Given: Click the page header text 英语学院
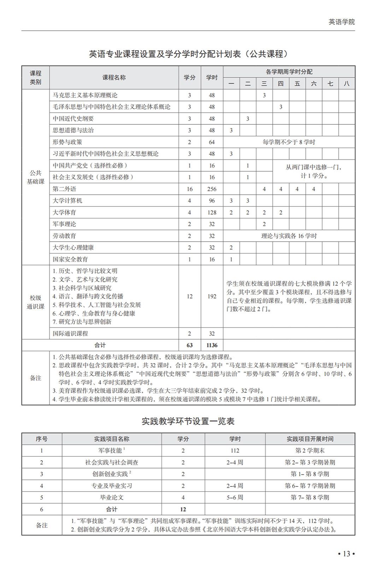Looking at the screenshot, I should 341,22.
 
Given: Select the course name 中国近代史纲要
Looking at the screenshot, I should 74,119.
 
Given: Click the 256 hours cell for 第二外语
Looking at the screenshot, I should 212,189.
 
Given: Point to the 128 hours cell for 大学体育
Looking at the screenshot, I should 212,212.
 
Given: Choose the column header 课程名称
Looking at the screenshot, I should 114,77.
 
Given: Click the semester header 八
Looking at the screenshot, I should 346,83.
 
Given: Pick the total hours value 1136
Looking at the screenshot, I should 212,345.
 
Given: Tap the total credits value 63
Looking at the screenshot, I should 189,345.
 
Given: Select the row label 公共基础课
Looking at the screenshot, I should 35,177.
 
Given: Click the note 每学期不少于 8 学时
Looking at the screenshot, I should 289,142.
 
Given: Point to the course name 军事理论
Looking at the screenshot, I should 64,224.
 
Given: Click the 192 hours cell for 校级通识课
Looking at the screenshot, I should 212,296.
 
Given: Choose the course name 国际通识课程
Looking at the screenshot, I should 70,333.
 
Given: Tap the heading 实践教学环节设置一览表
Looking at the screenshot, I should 188,421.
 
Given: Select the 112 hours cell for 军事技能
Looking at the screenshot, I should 235,450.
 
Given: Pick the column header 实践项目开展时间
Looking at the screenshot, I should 310,439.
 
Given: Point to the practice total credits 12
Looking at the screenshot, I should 183,509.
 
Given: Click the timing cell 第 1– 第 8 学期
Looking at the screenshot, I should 310,474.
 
